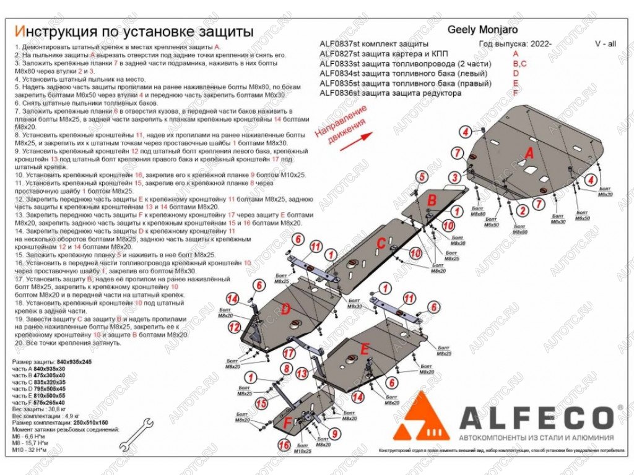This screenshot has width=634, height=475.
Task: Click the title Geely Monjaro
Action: click(482, 30)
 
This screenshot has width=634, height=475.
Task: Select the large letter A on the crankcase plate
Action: click(529, 153)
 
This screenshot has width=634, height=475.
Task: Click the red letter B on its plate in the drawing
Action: click(432, 199)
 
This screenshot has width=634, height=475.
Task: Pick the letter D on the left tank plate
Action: click(285, 309)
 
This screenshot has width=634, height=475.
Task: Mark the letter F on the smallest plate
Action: click(287, 424)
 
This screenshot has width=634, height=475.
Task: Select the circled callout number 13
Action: click(302, 374)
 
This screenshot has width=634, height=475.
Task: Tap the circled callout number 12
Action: click(234, 327)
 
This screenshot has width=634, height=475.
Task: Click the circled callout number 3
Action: click(454, 178)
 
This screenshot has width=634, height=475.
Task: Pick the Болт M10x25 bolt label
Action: click(302, 448)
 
